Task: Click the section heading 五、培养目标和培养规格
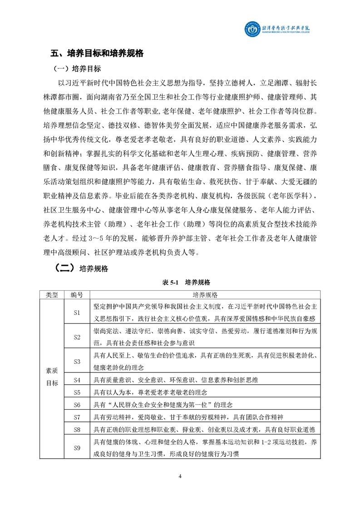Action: pos(97,54)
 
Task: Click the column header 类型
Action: pos(52,295)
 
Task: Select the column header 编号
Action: pos(77,295)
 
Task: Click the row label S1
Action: pos(77,312)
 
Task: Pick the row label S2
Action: pos(77,337)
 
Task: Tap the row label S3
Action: pos(77,362)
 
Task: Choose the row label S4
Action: pos(77,380)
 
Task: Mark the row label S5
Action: pos(77,392)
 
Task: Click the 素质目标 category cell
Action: pos(52,377)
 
